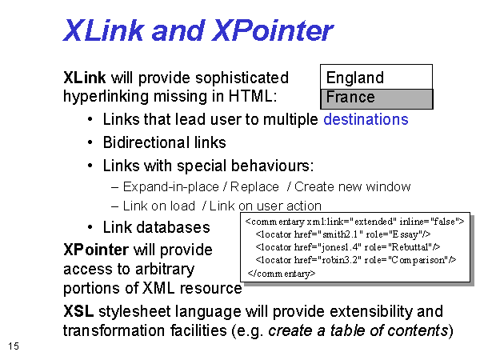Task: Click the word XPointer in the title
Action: pyautogui.click(x=273, y=30)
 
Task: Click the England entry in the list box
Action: pyautogui.click(x=354, y=78)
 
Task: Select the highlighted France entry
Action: pyautogui.click(x=350, y=97)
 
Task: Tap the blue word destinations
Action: pyautogui.click(x=366, y=119)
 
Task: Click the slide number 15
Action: pyautogui.click(x=14, y=346)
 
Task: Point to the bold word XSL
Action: pyautogui.click(x=78, y=311)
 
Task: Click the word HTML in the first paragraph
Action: pyautogui.click(x=253, y=96)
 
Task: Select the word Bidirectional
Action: pyautogui.click(x=142, y=142)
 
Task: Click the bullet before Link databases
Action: pyautogui.click(x=90, y=227)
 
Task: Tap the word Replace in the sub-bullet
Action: pyautogui.click(x=254, y=186)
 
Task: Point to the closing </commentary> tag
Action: pyautogui.click(x=282, y=273)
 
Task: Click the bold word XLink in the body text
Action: pyautogui.click(x=85, y=78)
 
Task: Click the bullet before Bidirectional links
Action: pyautogui.click(x=90, y=142)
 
